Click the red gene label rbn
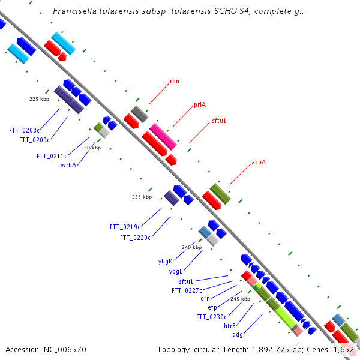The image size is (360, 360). coord(175,81)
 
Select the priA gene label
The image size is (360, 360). coord(200,105)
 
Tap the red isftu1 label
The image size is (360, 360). coord(218,121)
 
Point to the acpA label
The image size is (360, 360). coord(259,163)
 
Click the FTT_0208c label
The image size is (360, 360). coord(24,130)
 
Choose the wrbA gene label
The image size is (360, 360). coord(68,165)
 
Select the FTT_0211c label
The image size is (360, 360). coord(52,157)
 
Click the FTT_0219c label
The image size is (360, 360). coord(125,227)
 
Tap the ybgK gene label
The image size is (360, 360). coord(166,261)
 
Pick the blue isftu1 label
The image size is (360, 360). coord(185,281)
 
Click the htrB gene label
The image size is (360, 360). coord(230,326)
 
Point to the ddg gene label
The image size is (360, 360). coord(238,335)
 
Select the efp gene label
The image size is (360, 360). coord(212,307)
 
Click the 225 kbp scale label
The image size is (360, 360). coord(39,99)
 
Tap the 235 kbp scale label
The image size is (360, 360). coord(142,197)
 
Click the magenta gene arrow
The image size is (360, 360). coord(163,137)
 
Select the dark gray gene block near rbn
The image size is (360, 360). coord(140,114)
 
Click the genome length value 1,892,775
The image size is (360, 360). coord(270,350)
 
